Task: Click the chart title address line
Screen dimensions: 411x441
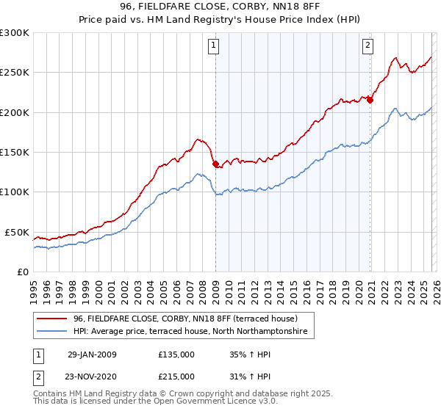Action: (x=220, y=8)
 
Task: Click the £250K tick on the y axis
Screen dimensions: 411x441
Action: (x=15, y=73)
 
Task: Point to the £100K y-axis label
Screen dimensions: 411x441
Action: (x=15, y=192)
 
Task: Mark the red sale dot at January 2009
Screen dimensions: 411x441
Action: (x=215, y=164)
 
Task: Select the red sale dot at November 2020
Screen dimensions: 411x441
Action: (x=370, y=101)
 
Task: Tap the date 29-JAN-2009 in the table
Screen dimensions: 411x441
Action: (x=92, y=354)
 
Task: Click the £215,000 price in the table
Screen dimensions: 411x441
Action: (x=176, y=376)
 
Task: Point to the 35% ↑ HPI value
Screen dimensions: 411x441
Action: (x=245, y=354)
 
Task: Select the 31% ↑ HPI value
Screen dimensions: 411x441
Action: (x=245, y=376)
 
